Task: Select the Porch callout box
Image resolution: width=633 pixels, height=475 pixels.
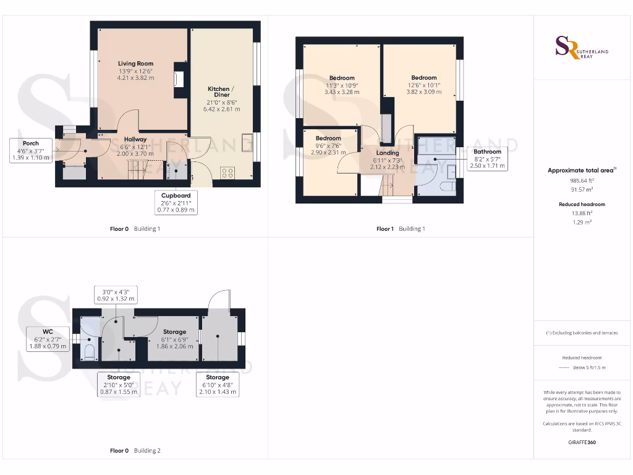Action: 30,150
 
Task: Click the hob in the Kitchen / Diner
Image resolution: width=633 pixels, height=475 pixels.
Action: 227,174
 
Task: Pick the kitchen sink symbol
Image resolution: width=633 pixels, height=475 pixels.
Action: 247,143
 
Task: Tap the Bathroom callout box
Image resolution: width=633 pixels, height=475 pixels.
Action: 487,158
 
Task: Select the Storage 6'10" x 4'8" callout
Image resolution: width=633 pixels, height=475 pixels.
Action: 218,384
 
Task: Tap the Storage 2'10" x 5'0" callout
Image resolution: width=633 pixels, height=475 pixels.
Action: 119,384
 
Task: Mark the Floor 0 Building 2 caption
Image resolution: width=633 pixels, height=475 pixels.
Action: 135,451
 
